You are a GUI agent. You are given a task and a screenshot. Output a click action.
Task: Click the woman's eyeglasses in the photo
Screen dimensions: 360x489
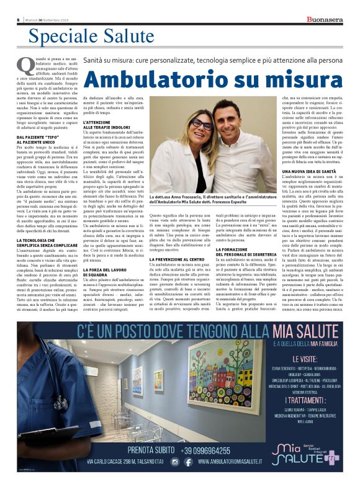[x=197, y=124]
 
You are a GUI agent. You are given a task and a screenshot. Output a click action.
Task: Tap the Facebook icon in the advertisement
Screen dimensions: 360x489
[x=188, y=462]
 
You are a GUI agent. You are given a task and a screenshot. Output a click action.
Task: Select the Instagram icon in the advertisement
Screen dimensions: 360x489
[x=175, y=462]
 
